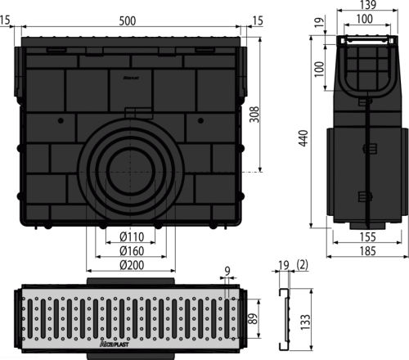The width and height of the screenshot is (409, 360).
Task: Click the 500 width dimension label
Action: (x=128, y=20)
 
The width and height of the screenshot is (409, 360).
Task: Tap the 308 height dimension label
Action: (x=254, y=115)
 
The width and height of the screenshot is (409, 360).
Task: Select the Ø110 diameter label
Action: (x=132, y=236)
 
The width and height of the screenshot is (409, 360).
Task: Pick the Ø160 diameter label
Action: (x=132, y=251)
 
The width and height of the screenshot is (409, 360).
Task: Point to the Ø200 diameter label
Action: (x=132, y=265)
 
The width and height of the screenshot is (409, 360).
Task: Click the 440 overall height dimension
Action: (x=303, y=138)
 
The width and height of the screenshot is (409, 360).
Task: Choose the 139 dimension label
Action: (x=368, y=5)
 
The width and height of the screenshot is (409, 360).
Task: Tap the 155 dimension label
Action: (x=368, y=236)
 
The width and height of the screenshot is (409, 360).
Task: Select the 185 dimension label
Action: (x=368, y=251)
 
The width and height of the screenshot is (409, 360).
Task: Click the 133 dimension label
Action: (x=305, y=322)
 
